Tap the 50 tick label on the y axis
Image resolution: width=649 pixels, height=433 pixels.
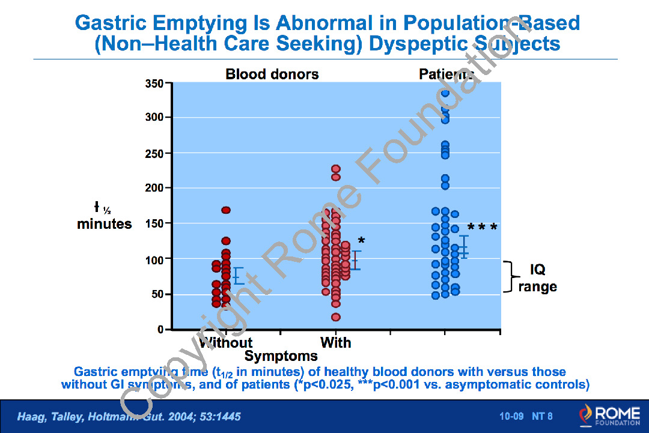point(157,294)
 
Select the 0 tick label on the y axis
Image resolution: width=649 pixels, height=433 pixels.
point(160,330)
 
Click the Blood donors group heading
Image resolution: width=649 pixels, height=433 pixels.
point(272,74)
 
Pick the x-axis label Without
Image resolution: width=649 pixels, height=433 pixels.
point(225,343)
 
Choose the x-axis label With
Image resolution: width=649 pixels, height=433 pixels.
point(336,343)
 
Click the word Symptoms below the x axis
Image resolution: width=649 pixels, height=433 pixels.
point(281,356)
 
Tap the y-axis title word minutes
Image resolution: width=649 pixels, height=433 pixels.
point(105,224)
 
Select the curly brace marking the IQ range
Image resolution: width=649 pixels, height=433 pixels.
point(510,277)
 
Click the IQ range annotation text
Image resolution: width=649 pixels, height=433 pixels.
point(537,278)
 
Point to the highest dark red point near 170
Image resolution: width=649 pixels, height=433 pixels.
point(226,210)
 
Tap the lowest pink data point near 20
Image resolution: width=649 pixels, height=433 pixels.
point(336,317)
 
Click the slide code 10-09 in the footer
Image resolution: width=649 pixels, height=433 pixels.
point(512,416)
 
